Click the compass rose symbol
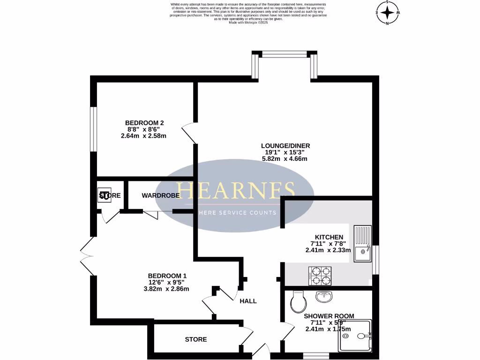tap(388, 12)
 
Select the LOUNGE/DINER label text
tap(285, 146)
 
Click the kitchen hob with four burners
tap(320, 276)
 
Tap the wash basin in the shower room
tap(324, 296)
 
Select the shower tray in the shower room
tap(355, 336)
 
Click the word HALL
tap(248, 301)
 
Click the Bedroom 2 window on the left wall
tap(94, 129)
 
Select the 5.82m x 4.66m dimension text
tap(285, 159)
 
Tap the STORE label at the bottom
tap(195, 339)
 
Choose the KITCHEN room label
tap(327, 237)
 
